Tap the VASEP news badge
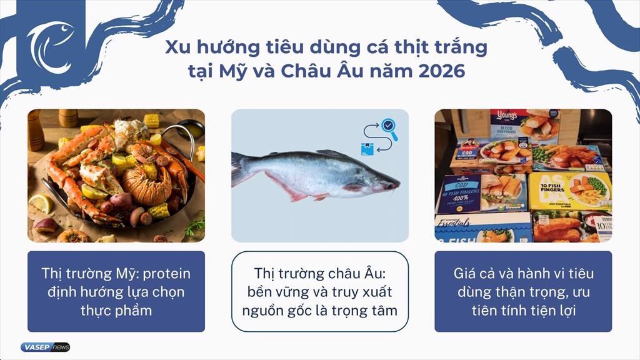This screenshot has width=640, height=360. (x=45, y=347)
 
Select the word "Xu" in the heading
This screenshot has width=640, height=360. (x=177, y=48)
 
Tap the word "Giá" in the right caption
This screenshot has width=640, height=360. (x=466, y=274)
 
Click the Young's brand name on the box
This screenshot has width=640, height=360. (x=504, y=116)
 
